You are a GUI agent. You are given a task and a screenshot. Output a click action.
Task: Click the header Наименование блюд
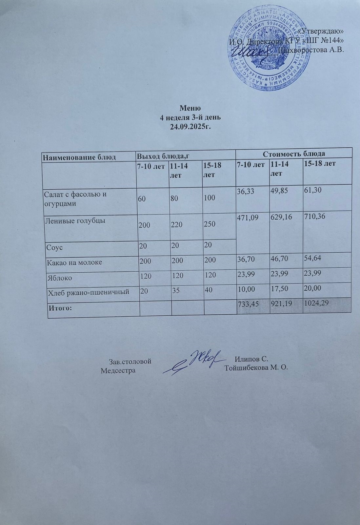tap(79, 157)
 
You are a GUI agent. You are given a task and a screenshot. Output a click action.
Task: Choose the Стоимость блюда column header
tap(293, 154)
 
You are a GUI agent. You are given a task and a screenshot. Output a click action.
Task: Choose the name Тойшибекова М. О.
tap(256, 367)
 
